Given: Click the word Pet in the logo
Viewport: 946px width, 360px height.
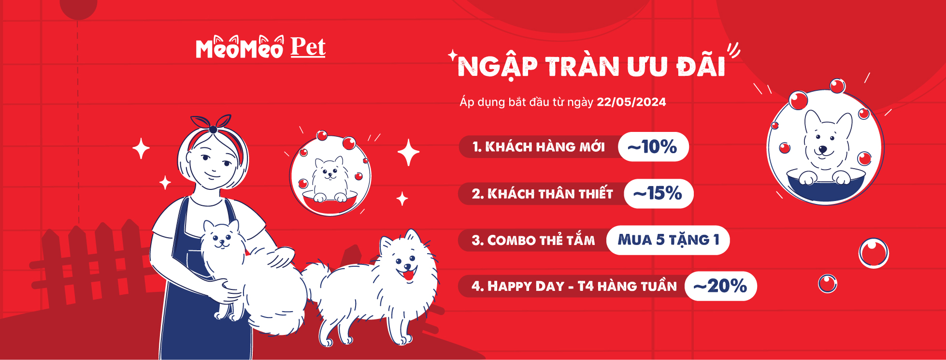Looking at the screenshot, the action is click(308, 47).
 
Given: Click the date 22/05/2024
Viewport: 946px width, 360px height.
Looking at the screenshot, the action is click(631, 102).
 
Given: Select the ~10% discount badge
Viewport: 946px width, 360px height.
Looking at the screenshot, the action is click(653, 146).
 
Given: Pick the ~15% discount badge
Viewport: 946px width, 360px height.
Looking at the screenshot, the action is click(658, 194).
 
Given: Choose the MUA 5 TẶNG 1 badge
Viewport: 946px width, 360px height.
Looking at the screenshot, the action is click(668, 240).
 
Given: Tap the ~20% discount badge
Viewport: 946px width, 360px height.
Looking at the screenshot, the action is click(720, 286).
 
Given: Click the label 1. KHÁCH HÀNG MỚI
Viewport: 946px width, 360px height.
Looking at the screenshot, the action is click(539, 147).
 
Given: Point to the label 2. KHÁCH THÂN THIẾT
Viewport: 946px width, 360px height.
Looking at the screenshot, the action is click(542, 194).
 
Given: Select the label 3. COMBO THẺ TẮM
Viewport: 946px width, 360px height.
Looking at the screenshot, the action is click(533, 240).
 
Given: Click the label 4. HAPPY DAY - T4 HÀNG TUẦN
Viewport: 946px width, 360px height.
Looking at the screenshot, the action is click(574, 286).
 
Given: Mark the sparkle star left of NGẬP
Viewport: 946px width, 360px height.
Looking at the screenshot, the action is click(453, 55).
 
